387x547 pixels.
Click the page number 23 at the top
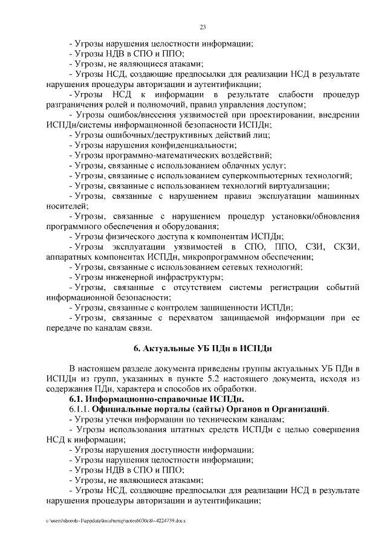203,26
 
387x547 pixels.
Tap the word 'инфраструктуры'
184,277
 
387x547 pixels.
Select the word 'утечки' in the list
119,419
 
